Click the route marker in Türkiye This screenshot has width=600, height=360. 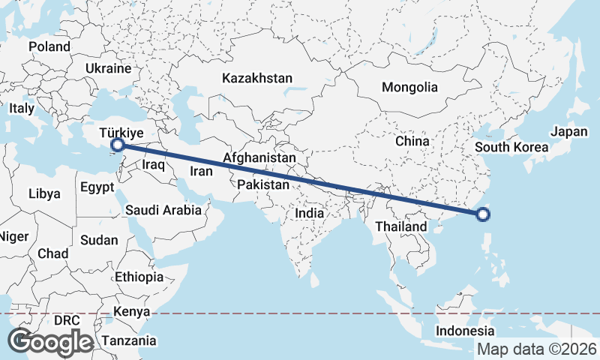tap(117, 145)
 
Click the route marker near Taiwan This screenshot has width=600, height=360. tap(483, 215)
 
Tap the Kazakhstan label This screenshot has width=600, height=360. tap(257, 77)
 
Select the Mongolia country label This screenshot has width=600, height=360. tap(409, 87)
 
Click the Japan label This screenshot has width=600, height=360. tap(568, 131)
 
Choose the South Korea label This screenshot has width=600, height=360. tap(512, 147)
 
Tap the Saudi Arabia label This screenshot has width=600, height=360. tap(163, 210)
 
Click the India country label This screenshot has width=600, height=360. tap(309, 213)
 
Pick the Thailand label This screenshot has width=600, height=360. tap(401, 226)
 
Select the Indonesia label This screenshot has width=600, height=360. tap(466, 331)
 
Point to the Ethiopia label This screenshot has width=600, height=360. tap(139, 277)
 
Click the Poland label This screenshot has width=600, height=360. tap(49, 46)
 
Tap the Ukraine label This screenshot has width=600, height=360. tap(109, 67)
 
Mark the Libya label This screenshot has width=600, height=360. tap(44, 193)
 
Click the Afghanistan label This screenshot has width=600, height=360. tap(259, 158)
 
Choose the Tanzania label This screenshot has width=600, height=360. tap(130, 340)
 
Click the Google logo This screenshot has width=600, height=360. tap(50, 341)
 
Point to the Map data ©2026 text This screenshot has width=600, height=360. tap(536, 349)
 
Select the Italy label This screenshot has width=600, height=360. tap(22, 108)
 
